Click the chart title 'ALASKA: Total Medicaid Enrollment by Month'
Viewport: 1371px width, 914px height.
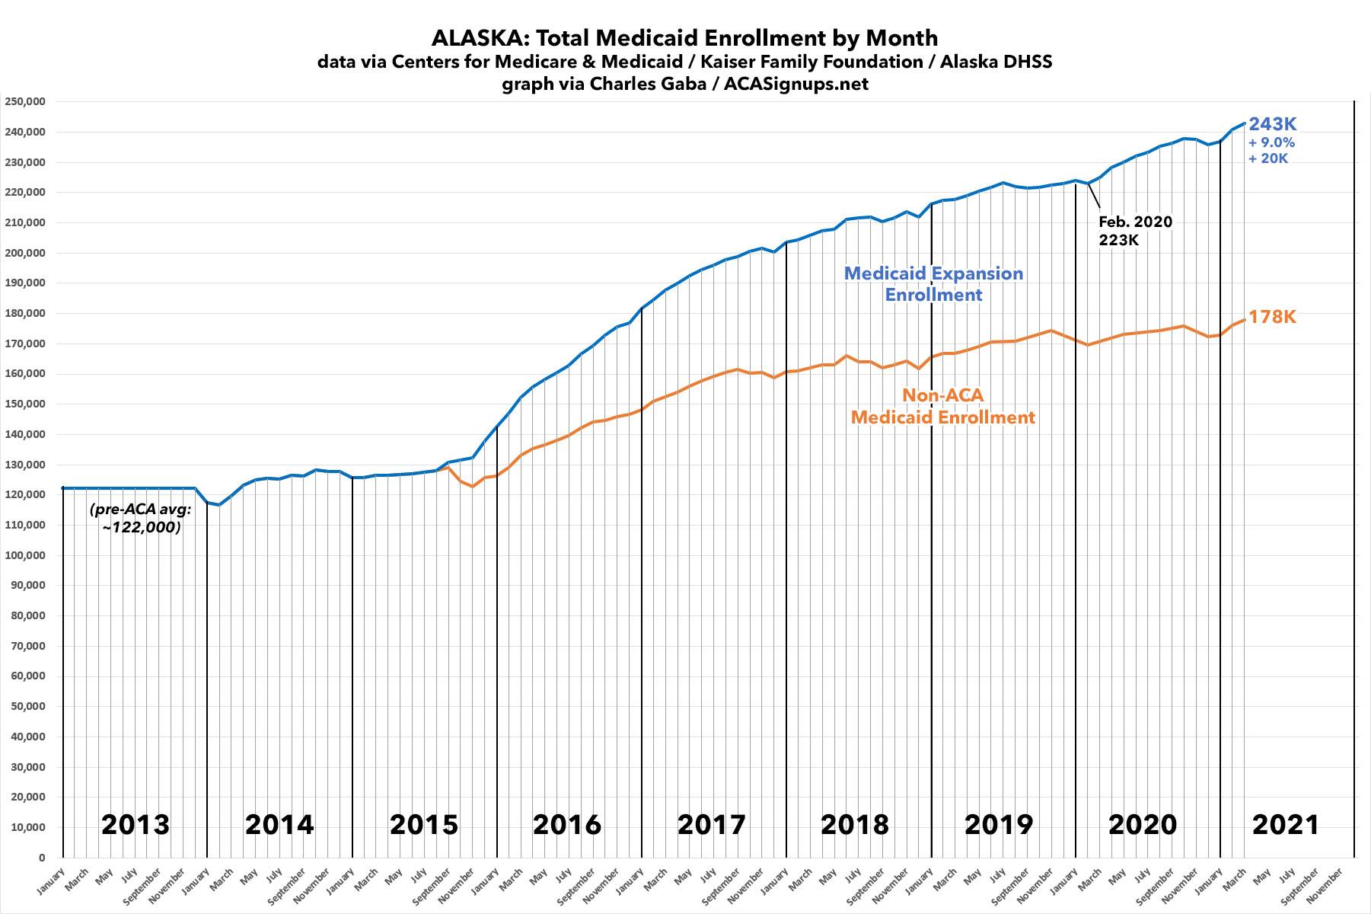[x=684, y=37]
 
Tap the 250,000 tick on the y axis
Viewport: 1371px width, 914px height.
[x=24, y=101]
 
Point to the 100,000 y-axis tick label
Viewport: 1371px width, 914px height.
[x=24, y=555]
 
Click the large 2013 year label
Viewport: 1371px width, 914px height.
[x=135, y=824]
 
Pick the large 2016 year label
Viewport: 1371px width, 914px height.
[x=567, y=824]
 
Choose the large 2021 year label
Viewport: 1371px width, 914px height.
[x=1286, y=824]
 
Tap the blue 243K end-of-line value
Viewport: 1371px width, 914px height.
[x=1272, y=124]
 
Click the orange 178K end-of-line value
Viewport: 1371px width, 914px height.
[x=1272, y=317]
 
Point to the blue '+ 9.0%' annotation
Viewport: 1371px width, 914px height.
[x=1271, y=142]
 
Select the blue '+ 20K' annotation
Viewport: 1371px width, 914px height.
[x=1268, y=158]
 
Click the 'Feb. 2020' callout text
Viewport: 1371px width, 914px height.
[x=1135, y=222]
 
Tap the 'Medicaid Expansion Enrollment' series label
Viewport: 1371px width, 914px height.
[x=933, y=283]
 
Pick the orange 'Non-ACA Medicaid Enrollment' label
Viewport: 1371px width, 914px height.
[x=942, y=406]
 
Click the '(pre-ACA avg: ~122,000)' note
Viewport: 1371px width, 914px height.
[x=141, y=518]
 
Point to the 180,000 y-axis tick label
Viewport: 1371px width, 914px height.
[x=24, y=313]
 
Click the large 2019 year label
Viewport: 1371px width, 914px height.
[x=999, y=824]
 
